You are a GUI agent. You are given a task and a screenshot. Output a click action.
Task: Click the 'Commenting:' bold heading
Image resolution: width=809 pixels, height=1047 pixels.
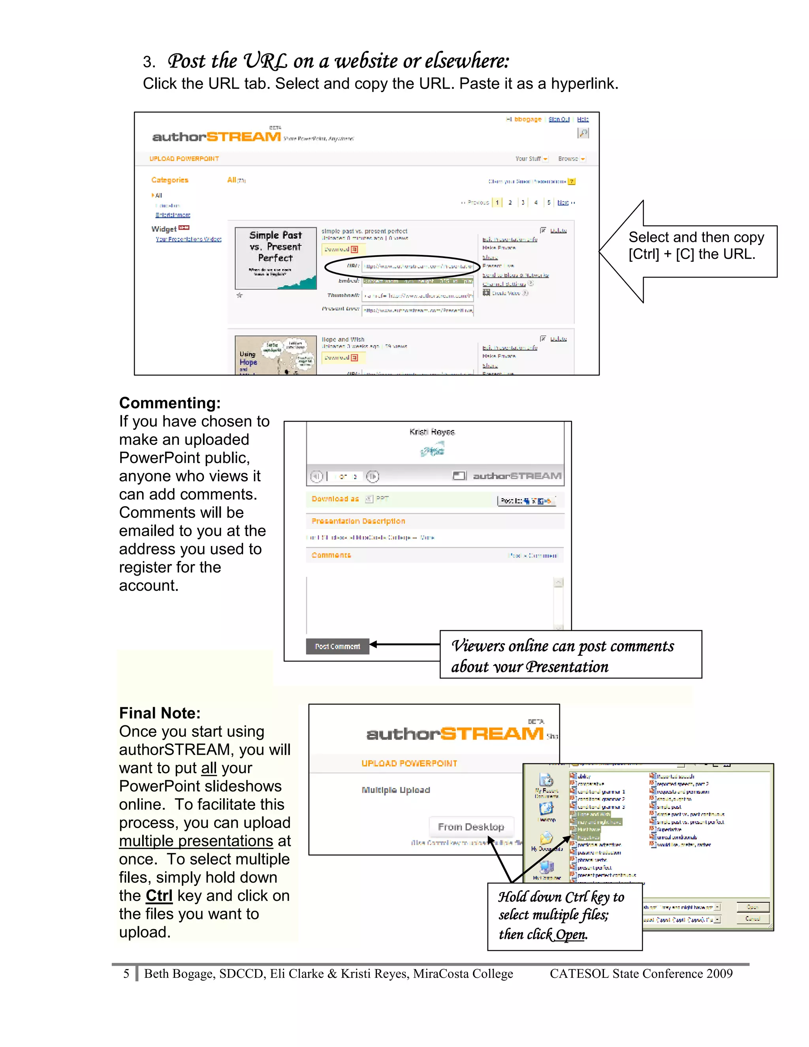coord(169,403)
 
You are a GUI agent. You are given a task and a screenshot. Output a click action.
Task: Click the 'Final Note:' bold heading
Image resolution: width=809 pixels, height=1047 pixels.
coord(160,713)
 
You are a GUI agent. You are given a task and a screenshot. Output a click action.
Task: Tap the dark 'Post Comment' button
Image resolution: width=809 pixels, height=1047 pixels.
coord(337,646)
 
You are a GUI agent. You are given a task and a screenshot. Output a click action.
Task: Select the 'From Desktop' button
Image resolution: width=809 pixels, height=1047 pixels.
coord(471,827)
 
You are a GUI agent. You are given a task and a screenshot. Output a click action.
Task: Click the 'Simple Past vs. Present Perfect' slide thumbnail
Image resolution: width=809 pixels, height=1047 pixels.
coord(276,258)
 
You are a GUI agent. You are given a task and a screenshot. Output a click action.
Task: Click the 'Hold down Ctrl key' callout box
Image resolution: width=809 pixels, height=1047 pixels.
coord(564,916)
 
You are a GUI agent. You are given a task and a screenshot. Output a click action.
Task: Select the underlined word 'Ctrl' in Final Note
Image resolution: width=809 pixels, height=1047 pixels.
coord(159,896)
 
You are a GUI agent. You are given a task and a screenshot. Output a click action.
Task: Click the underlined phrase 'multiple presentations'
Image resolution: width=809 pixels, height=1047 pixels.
coord(196,841)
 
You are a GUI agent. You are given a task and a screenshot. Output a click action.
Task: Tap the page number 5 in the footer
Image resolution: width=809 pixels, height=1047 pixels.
coord(126,974)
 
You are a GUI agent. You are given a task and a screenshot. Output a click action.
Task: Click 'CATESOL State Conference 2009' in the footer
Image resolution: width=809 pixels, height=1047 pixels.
coord(641,974)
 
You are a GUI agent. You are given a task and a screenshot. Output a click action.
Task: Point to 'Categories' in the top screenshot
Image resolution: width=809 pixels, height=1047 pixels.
coord(169,180)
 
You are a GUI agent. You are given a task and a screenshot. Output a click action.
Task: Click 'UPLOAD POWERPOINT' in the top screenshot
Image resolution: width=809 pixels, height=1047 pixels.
coord(184,159)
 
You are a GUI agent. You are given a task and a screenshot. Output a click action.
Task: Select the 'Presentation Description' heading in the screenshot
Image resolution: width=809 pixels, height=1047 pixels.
coord(358,521)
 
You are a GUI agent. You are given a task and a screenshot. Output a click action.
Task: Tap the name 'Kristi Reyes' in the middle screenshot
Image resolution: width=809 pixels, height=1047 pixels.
coord(432,432)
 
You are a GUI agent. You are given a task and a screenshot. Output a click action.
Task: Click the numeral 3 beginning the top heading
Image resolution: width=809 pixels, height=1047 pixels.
coord(148,62)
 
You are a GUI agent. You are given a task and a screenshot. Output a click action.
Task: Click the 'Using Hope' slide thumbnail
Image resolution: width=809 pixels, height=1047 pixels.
coord(276,355)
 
